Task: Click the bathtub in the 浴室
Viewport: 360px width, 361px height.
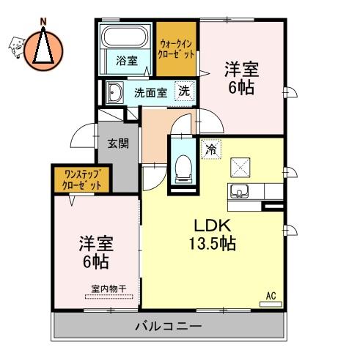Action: coord(125,37)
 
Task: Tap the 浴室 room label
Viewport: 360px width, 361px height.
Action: coord(127,61)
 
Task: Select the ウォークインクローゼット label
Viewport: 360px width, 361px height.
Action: coord(176,49)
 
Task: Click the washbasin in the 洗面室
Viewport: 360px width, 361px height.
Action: coord(115,92)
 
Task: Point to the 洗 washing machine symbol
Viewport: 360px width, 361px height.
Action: coord(185,91)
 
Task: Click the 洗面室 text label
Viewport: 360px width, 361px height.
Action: coord(151,93)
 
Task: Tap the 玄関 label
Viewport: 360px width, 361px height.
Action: coord(118,144)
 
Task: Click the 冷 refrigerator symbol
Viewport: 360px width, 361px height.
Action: coord(211,149)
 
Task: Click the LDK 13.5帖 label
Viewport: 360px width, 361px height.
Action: coord(213,234)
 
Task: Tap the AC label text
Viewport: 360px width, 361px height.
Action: coord(271,296)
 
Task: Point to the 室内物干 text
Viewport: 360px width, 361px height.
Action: coord(109,289)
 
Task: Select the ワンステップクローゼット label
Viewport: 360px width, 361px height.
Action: coord(81,180)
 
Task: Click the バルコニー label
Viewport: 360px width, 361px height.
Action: coord(169,326)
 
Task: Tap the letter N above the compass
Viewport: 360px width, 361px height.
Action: coord(43,22)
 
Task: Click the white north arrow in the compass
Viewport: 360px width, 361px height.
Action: coord(43,45)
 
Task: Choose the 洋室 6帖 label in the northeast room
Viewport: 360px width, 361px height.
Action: coord(241,78)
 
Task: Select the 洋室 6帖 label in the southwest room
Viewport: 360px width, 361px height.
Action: coord(96,253)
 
